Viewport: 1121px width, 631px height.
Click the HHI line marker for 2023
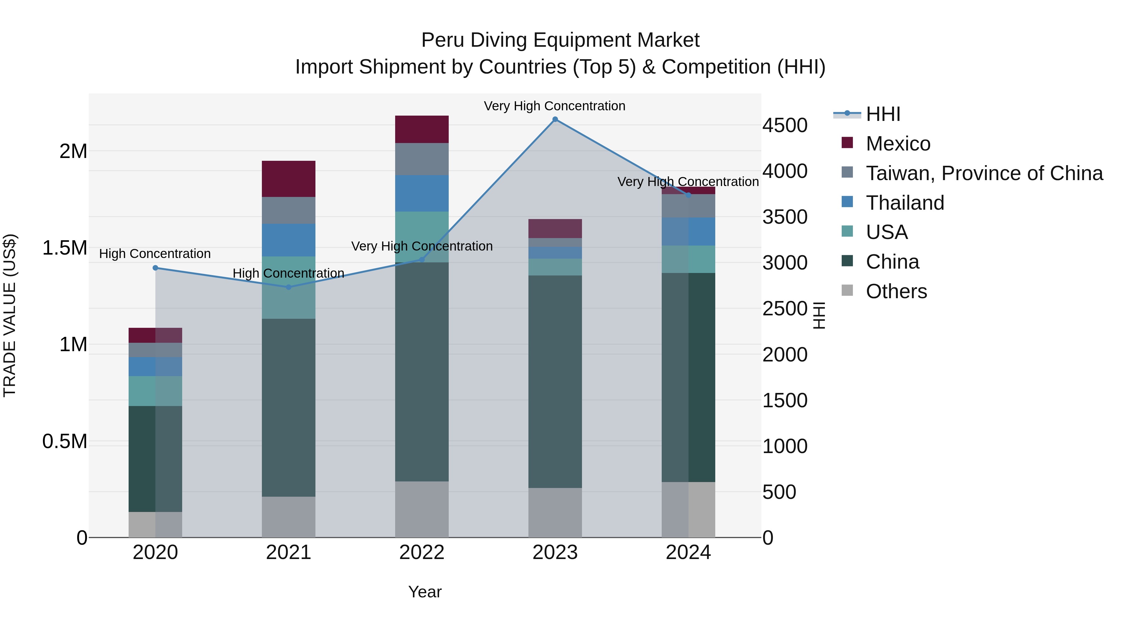click(555, 119)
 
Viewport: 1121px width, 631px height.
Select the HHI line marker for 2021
click(289, 287)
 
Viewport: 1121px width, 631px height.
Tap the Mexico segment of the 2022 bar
click(422, 129)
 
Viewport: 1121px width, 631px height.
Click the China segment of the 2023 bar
click(555, 381)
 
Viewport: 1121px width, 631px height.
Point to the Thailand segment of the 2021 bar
click(289, 240)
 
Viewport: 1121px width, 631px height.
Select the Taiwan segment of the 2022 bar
click(422, 159)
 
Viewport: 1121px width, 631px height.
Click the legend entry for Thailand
click(905, 203)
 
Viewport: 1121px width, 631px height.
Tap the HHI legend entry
click(882, 114)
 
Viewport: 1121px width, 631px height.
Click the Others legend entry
click(896, 291)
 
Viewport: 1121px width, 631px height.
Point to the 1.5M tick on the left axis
click(64, 248)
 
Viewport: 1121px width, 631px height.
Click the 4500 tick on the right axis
click(785, 125)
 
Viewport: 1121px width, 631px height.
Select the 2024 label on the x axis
click(688, 552)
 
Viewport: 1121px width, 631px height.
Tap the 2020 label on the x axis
click(155, 552)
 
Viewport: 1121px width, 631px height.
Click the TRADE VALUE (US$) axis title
click(10, 315)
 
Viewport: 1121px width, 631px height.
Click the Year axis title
click(425, 592)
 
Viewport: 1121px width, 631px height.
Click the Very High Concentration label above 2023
click(554, 106)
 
